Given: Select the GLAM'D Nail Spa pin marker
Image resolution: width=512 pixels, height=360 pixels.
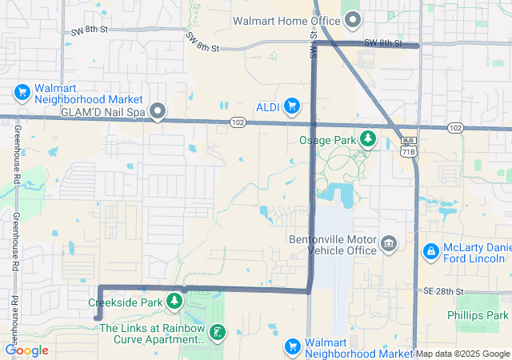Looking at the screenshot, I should tap(158, 112).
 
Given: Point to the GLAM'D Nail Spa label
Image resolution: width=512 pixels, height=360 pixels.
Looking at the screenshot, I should tap(103, 113).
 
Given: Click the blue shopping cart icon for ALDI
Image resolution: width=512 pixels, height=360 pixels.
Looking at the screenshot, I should tap(292, 106).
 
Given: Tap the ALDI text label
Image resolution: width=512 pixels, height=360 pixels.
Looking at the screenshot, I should tap(266, 106).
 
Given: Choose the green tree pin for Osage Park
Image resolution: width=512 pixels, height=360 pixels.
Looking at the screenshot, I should tap(368, 139).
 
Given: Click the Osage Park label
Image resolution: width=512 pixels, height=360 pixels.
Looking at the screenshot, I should tap(327, 140).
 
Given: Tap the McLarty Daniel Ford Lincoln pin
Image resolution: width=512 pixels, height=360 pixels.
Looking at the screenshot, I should tap(431, 252).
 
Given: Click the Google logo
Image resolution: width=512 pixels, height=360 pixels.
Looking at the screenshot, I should tap(26, 350).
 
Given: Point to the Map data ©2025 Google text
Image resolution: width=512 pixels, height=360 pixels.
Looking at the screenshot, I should tap(462, 354).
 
